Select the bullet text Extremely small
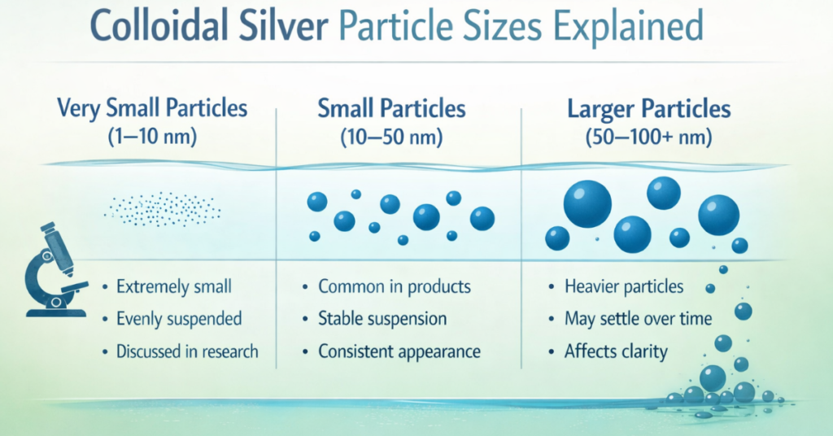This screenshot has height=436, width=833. pyautogui.click(x=173, y=286)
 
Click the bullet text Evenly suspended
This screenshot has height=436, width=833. pyautogui.click(x=179, y=319)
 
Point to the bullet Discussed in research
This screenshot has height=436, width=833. pyautogui.click(x=187, y=351)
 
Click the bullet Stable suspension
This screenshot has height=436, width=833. pyautogui.click(x=382, y=319)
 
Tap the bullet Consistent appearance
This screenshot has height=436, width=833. pyautogui.click(x=399, y=351)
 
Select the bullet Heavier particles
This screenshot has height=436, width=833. pyautogui.click(x=624, y=286)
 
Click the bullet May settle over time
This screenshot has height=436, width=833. pyautogui.click(x=638, y=319)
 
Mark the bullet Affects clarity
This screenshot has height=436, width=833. pyautogui.click(x=616, y=351)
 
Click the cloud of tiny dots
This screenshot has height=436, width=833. pyautogui.click(x=163, y=209)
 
